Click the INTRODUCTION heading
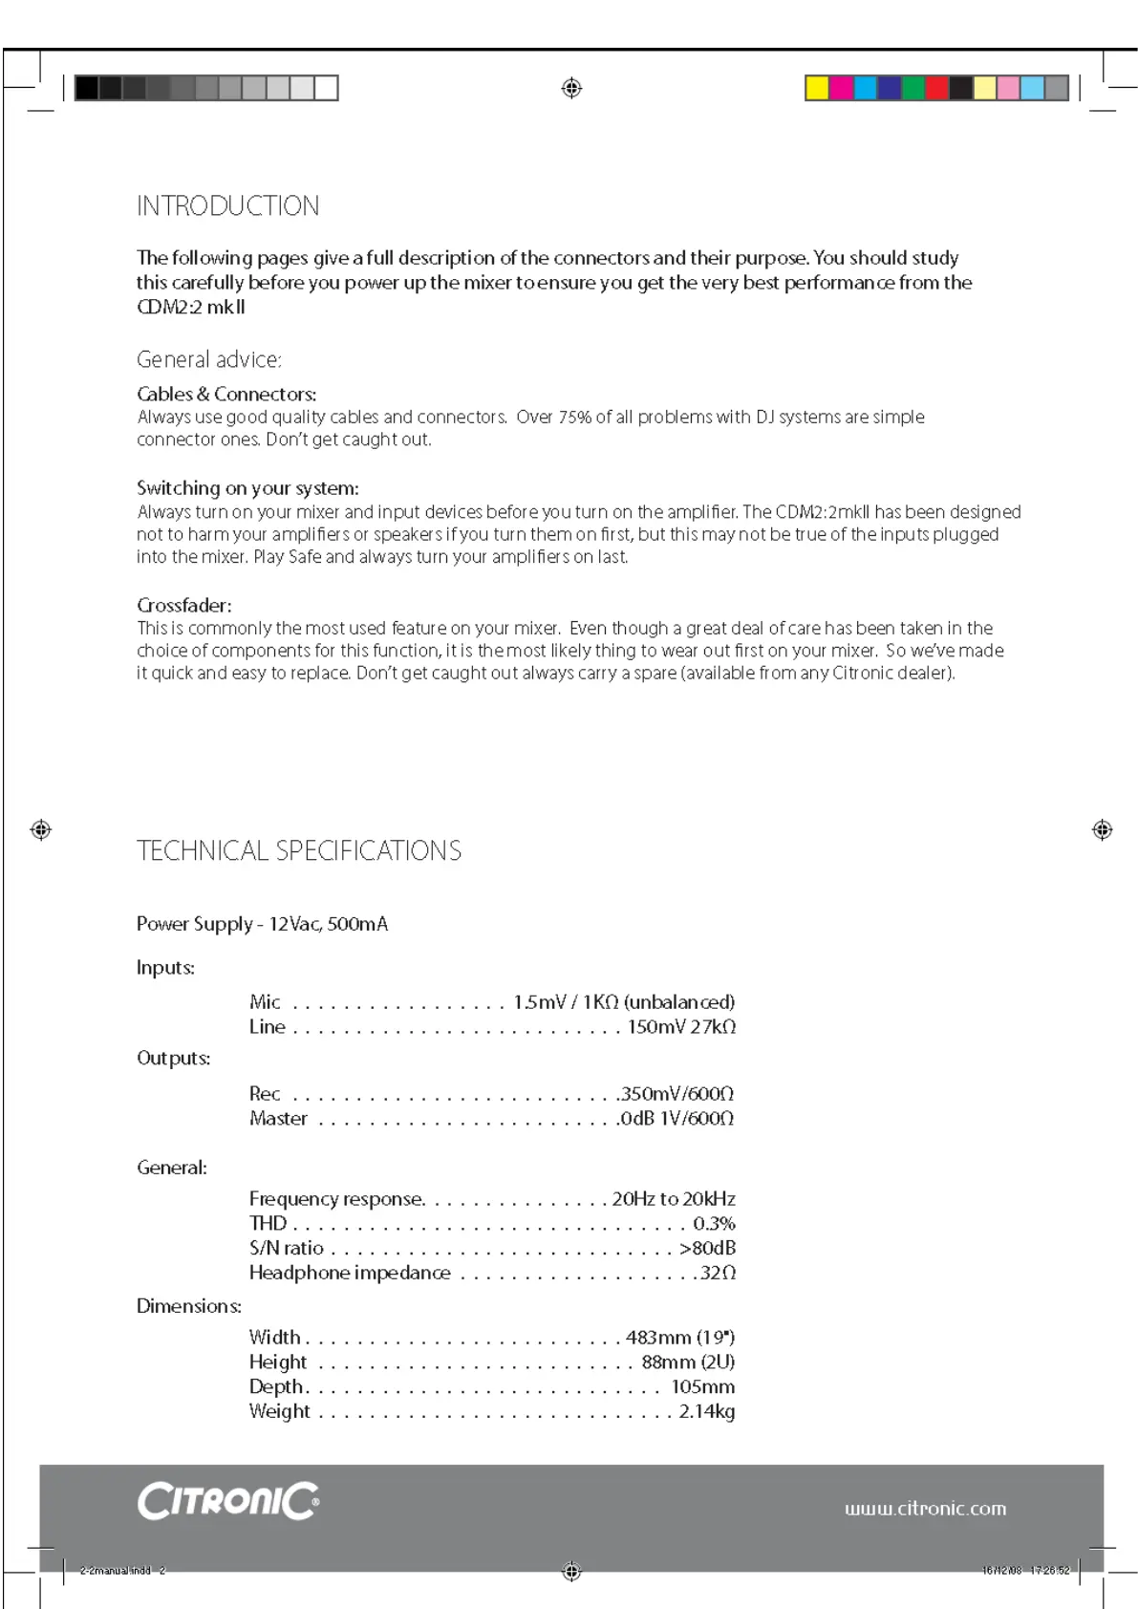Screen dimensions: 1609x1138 point(227,206)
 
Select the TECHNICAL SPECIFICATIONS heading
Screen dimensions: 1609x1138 point(298,850)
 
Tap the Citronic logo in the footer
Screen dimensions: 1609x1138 point(227,1501)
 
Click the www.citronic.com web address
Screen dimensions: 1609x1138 point(924,1509)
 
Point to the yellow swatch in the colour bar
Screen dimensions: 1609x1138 point(816,88)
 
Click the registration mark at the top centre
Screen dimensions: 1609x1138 point(571,88)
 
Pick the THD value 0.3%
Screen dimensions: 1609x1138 point(714,1223)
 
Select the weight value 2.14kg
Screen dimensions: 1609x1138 point(706,1411)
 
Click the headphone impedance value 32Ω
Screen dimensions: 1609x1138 point(718,1273)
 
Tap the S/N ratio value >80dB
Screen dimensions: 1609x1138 point(707,1248)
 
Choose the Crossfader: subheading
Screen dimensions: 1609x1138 point(183,605)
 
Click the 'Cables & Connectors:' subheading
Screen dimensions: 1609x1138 point(226,394)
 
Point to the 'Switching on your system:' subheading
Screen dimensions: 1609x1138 point(247,488)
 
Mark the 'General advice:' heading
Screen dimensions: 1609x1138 point(208,360)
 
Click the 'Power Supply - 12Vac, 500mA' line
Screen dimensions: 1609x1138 point(262,924)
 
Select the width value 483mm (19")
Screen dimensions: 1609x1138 point(679,1337)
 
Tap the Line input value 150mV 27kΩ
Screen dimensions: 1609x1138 point(681,1027)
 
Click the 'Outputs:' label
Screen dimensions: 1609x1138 point(173,1058)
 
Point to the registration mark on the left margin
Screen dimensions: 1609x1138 point(40,829)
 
